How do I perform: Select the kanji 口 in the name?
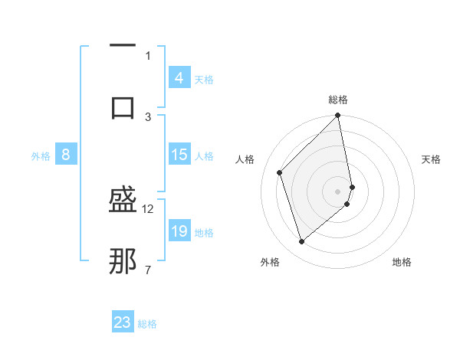(x=123, y=107)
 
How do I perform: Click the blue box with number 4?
(x=179, y=78)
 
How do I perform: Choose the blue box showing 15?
(x=179, y=155)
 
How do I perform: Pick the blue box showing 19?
(x=179, y=231)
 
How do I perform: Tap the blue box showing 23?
(x=123, y=322)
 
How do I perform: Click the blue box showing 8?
(x=66, y=155)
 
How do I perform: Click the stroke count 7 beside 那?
(x=148, y=270)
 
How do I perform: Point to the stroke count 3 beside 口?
(x=148, y=116)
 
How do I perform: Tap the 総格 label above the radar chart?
(x=338, y=100)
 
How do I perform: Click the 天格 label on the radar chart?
(x=431, y=159)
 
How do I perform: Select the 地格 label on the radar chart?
(x=402, y=262)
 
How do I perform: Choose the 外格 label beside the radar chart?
(x=270, y=262)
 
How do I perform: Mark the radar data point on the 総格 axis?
(x=338, y=116)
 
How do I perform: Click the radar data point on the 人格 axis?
(x=280, y=172)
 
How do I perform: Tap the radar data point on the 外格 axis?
(x=302, y=242)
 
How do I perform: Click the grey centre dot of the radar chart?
(x=338, y=191)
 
